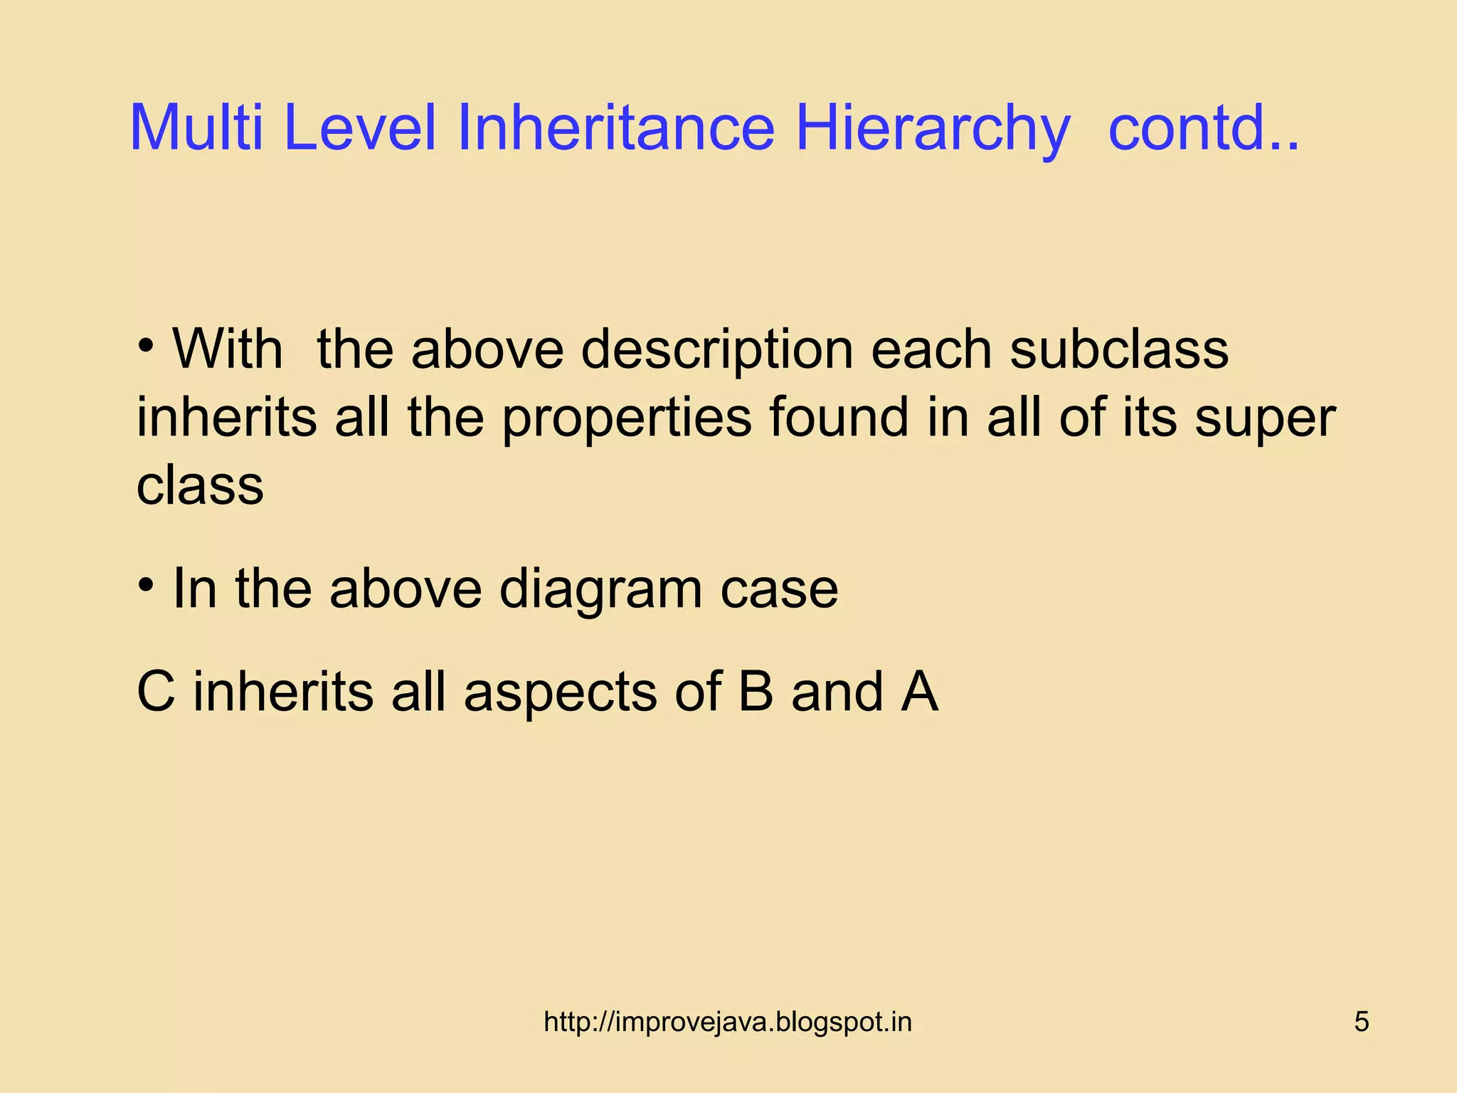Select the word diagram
(600, 591)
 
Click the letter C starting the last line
(156, 692)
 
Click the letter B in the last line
(755, 692)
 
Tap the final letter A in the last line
(919, 692)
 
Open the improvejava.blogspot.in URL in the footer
(727, 1022)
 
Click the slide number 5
(1361, 1022)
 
